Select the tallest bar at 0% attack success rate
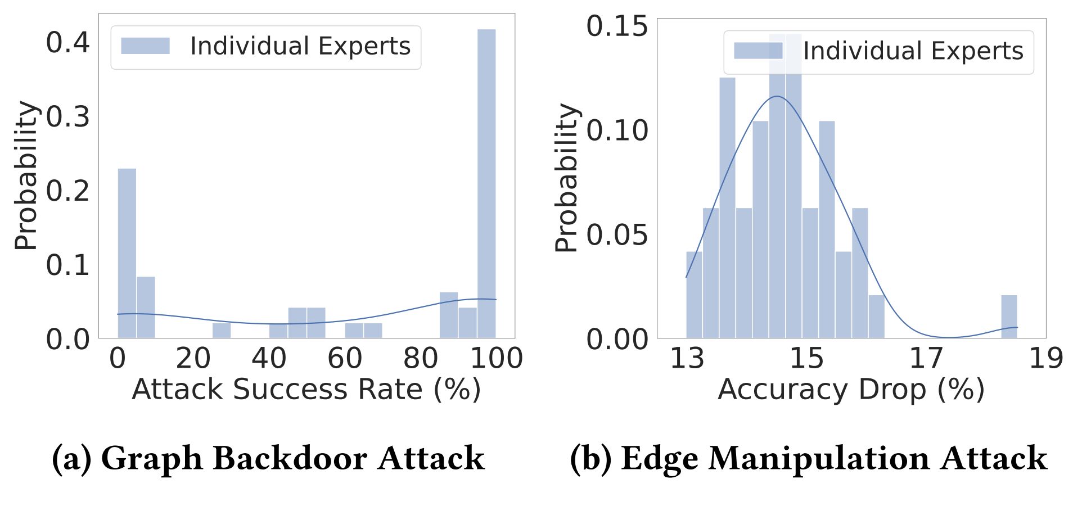pyautogui.click(x=127, y=253)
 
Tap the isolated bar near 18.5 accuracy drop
pyautogui.click(x=1009, y=317)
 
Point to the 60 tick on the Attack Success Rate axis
pyautogui.click(x=344, y=358)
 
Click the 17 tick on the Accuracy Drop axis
pyautogui.click(x=926, y=358)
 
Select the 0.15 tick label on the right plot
pyautogui.click(x=617, y=26)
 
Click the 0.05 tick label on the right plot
pyautogui.click(x=617, y=235)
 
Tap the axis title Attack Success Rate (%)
pyautogui.click(x=306, y=390)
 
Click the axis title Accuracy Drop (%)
pyautogui.click(x=851, y=390)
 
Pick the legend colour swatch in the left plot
pyautogui.click(x=145, y=46)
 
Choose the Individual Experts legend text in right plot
pyautogui.click(x=913, y=51)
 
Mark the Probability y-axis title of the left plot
pyautogui.click(x=25, y=175)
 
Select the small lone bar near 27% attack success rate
pyautogui.click(x=221, y=331)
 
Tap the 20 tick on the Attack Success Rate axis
pyautogui.click(x=193, y=358)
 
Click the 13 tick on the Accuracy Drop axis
pyautogui.click(x=687, y=358)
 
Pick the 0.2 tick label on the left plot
pyautogui.click(x=67, y=191)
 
